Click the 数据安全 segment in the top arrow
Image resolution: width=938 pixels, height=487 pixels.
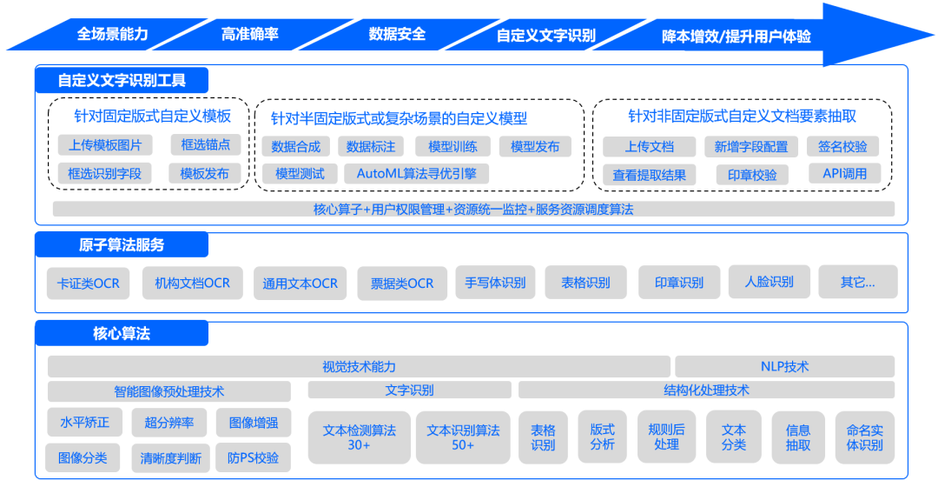pyautogui.click(x=397, y=35)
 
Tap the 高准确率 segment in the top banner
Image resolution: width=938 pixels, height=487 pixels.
pyautogui.click(x=249, y=35)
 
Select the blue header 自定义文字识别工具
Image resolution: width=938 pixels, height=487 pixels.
pyautogui.click(x=122, y=81)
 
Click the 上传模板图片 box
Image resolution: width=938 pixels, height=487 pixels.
pyautogui.click(x=104, y=144)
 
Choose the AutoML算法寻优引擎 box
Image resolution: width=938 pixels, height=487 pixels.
pyautogui.click(x=416, y=173)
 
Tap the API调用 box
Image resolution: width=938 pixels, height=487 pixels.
pyautogui.click(x=844, y=173)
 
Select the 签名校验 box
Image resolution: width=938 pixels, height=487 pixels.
pyautogui.click(x=842, y=146)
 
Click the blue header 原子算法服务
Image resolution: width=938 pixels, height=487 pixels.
pyautogui.click(x=122, y=245)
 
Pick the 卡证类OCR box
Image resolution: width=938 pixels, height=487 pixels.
pyautogui.click(x=88, y=283)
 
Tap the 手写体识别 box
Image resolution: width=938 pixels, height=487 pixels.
pyautogui.click(x=495, y=283)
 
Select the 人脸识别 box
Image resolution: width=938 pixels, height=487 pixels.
pyautogui.click(x=769, y=282)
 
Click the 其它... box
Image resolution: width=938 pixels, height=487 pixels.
pyautogui.click(x=857, y=282)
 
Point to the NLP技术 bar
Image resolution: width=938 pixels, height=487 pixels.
pyautogui.click(x=783, y=366)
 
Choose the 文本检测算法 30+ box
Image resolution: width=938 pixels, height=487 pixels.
pyautogui.click(x=359, y=437)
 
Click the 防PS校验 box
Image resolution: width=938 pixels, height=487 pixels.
pyautogui.click(x=254, y=457)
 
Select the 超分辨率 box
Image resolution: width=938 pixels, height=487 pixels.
pyautogui.click(x=168, y=424)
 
